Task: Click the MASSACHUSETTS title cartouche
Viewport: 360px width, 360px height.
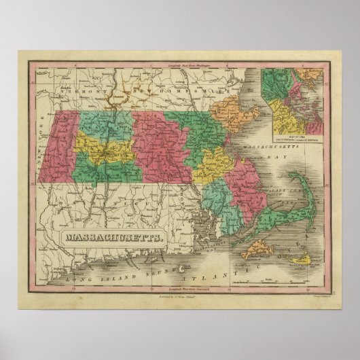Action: tap(111, 237)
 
